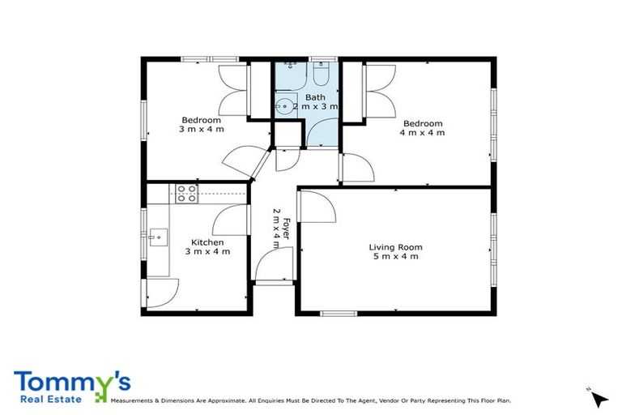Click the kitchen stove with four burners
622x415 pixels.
click(x=186, y=193)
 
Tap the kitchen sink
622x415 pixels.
click(x=158, y=238)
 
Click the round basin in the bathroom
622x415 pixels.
click(x=284, y=105)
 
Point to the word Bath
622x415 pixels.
click(x=315, y=97)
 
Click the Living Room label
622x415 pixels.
click(x=395, y=247)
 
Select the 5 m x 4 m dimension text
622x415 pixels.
click(x=395, y=257)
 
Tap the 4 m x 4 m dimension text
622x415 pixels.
click(x=424, y=133)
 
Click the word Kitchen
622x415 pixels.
click(x=207, y=242)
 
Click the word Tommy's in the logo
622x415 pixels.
click(x=72, y=382)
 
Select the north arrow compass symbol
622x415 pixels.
click(x=598, y=399)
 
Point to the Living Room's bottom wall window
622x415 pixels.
click(x=338, y=313)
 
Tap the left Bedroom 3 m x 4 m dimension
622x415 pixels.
click(x=201, y=129)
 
